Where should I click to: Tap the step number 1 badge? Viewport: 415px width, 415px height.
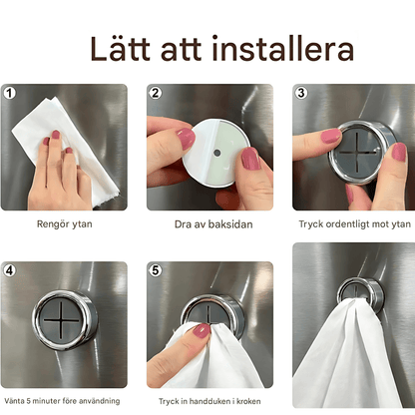(11, 93)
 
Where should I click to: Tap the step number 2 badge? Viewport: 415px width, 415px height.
(156, 93)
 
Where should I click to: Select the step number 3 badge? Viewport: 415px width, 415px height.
(300, 93)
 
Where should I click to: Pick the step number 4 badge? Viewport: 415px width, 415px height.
(11, 270)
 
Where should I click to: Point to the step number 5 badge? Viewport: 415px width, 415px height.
(156, 270)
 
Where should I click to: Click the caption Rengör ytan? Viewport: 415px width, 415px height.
(64, 224)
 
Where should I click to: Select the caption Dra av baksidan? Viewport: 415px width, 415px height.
(207, 224)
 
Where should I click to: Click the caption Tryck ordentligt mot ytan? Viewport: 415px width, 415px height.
(352, 224)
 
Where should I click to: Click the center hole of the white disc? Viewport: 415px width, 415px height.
(216, 153)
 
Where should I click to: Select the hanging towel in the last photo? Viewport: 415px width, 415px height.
(349, 359)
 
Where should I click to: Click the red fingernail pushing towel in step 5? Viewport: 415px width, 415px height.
(202, 330)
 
